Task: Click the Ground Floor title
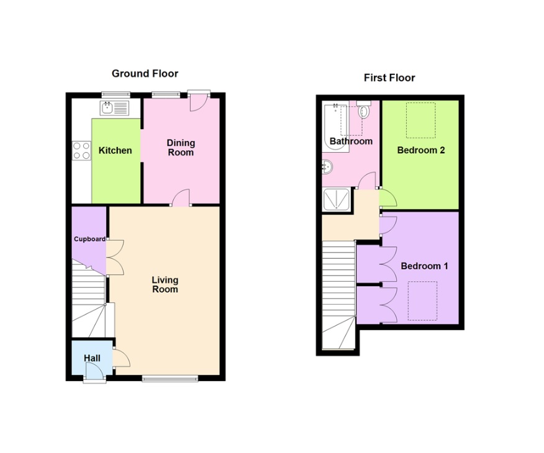pyautogui.click(x=145, y=73)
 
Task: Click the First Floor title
pyautogui.click(x=389, y=78)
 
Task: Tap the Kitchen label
pyautogui.click(x=116, y=150)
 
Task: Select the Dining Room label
pyautogui.click(x=181, y=148)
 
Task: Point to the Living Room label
pyautogui.click(x=165, y=284)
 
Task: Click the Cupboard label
pyautogui.click(x=89, y=239)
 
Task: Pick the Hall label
pyautogui.click(x=92, y=359)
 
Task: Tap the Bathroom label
pyautogui.click(x=351, y=141)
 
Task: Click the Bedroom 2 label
pyautogui.click(x=421, y=150)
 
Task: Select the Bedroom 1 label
pyautogui.click(x=424, y=266)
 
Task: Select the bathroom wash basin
pyautogui.click(x=328, y=167)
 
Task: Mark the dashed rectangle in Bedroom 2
pyautogui.click(x=420, y=120)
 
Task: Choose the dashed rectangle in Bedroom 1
pyautogui.click(x=422, y=301)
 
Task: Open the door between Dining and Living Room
pyautogui.click(x=181, y=199)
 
